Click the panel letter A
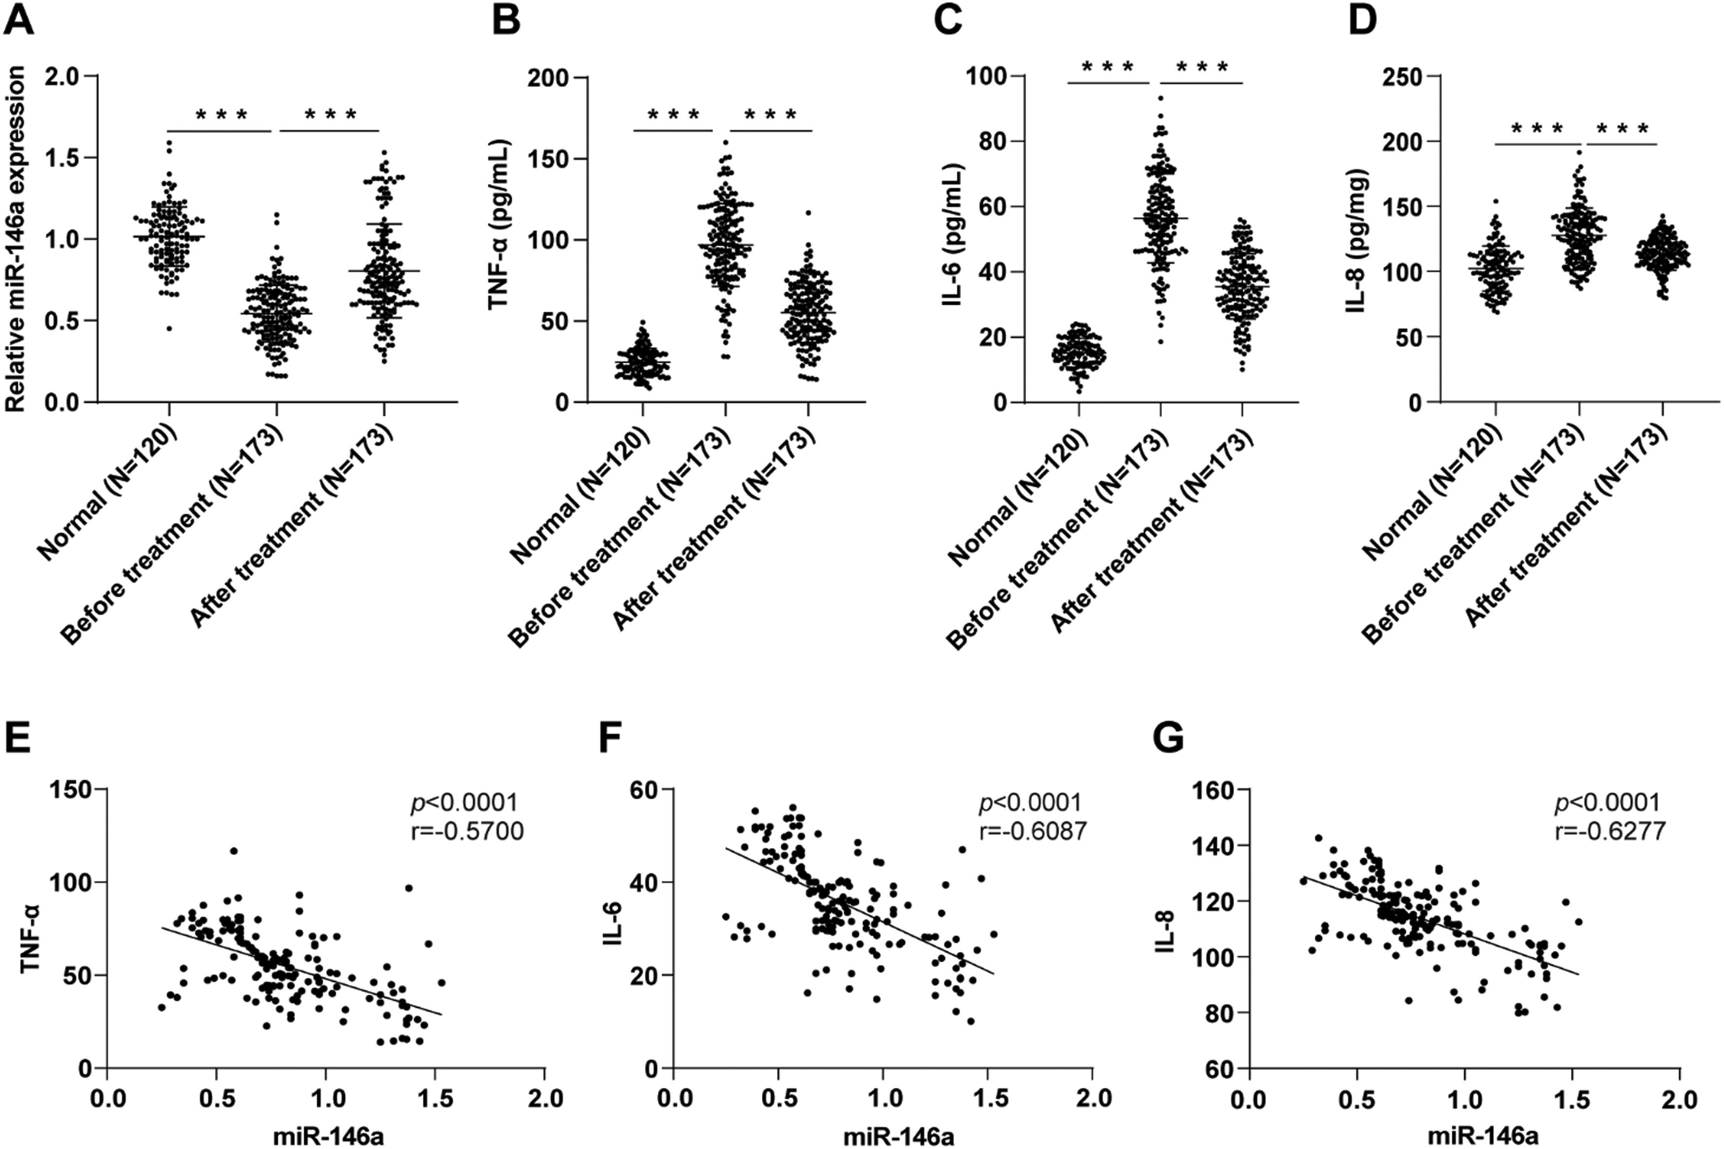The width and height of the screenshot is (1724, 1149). (x=19, y=20)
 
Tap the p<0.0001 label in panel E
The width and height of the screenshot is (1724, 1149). (x=463, y=803)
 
